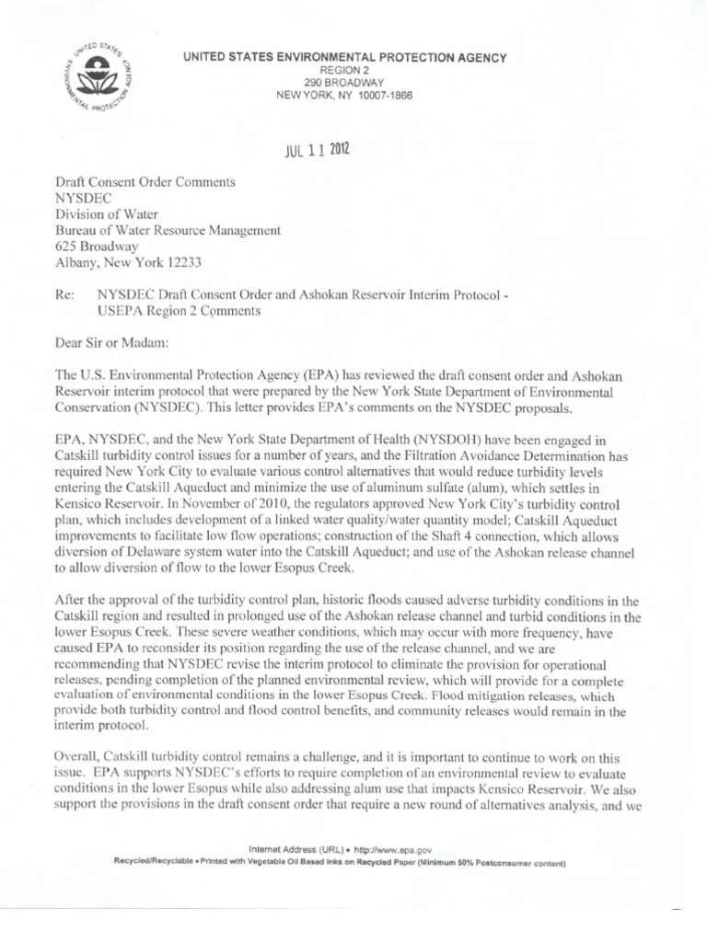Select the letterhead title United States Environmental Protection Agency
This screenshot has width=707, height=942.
pyautogui.click(x=345, y=58)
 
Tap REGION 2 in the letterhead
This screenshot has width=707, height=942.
pyautogui.click(x=345, y=70)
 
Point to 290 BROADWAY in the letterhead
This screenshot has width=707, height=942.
pyautogui.click(x=345, y=83)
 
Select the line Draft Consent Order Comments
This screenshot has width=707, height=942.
pyautogui.click(x=145, y=182)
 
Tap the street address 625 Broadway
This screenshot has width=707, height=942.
pyautogui.click(x=98, y=247)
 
